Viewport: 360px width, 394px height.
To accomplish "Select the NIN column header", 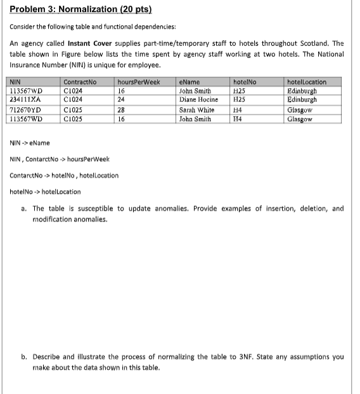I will click(15, 82).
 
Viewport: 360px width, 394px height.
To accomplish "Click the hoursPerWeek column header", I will click(138, 82).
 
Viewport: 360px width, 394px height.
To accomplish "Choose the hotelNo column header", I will click(244, 82).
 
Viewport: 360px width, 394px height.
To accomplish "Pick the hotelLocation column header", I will click(307, 82).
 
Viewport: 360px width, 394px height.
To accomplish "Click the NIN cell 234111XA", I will click(25, 99).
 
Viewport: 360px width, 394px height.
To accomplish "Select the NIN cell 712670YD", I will click(25, 110).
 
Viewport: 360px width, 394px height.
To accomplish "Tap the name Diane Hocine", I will click(199, 99).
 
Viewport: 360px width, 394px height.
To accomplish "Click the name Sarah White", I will click(197, 110).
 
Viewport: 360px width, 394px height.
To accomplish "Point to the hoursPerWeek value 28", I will click(122, 110).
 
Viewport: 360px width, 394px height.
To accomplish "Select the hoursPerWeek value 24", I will click(122, 99).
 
